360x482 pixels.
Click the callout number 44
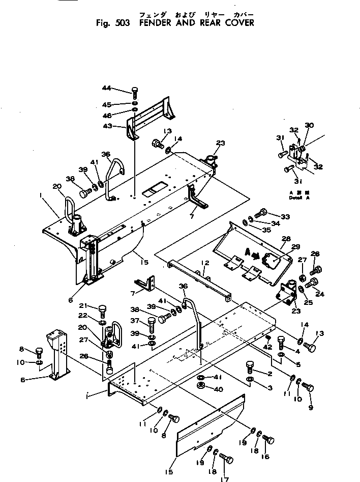click(106, 88)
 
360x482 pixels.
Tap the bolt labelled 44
click(134, 92)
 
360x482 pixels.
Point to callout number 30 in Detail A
click(309, 125)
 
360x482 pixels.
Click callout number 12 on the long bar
click(204, 263)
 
